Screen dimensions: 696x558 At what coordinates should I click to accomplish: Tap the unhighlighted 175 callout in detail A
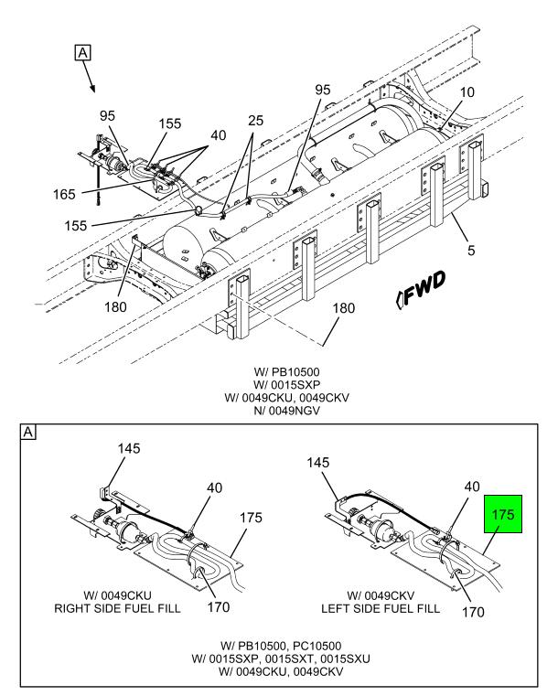click(x=251, y=519)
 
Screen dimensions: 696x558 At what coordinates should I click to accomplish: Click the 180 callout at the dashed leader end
click(x=341, y=309)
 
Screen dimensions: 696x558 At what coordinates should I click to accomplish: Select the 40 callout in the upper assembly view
click(x=219, y=135)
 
